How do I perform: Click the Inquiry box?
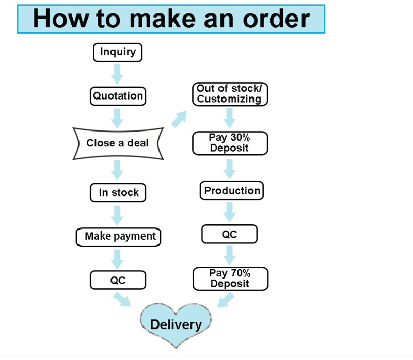coord(118,52)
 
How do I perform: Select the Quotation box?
coord(118,95)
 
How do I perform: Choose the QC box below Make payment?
coord(118,280)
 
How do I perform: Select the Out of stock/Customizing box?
coord(230,94)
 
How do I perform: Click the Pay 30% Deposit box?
coord(230,143)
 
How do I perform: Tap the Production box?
coord(232,191)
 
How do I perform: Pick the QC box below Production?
coord(229,234)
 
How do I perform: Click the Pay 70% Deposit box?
coord(230,279)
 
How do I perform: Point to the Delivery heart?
coord(176,324)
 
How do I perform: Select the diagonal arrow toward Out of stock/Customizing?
coord(179,120)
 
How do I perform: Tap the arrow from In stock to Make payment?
coord(118,214)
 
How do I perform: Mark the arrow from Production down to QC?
coord(230,211)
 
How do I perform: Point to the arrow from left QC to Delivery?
coord(122,299)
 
